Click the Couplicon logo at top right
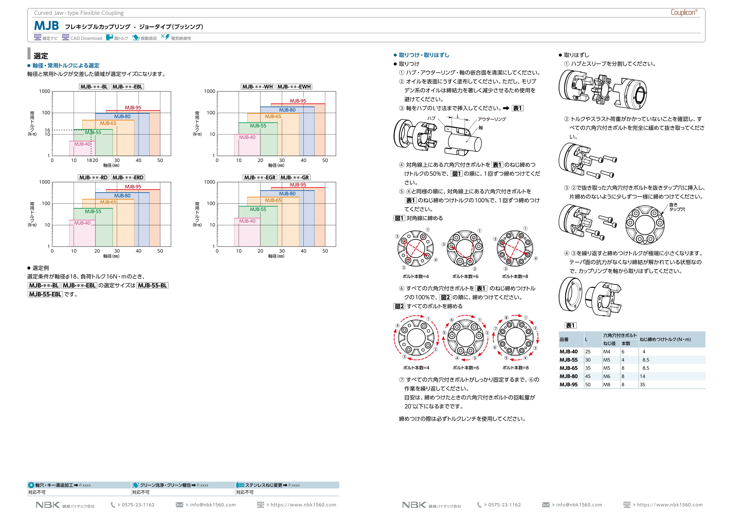pyautogui.click(x=683, y=13)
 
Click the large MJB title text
pyautogui.click(x=46, y=26)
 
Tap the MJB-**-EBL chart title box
pyautogui.click(x=127, y=87)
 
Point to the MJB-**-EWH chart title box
pyautogui.click(x=294, y=87)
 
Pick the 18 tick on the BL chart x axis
pyautogui.click(x=90, y=160)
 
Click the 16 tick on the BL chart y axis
pyautogui.click(x=47, y=130)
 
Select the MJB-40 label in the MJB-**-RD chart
pyautogui.click(x=82, y=223)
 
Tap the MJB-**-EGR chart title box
pyautogui.click(x=260, y=177)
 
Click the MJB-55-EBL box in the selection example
pyautogui.click(x=45, y=294)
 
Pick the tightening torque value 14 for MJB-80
pyautogui.click(x=642, y=376)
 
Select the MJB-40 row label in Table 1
pyautogui.click(x=568, y=351)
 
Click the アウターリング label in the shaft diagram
pyautogui.click(x=492, y=119)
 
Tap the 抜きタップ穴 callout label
pyautogui.click(x=677, y=207)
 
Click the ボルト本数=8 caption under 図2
pyautogui.click(x=515, y=368)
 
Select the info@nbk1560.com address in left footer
pyautogui.click(x=213, y=505)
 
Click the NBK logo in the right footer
pyautogui.click(x=414, y=505)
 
